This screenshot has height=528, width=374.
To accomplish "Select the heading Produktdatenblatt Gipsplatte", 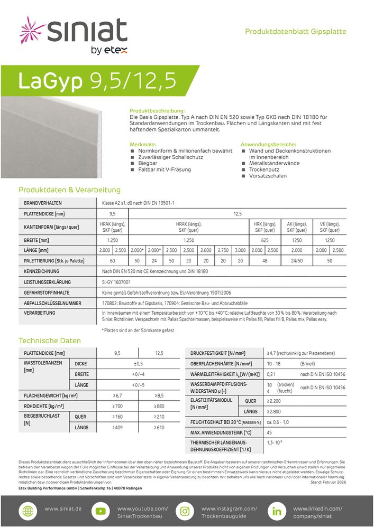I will [295, 32].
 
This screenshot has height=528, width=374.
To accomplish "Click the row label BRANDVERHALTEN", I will [43, 203].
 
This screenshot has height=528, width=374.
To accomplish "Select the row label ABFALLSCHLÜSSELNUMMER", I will [52, 303].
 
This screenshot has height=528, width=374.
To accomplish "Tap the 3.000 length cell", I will [240, 250].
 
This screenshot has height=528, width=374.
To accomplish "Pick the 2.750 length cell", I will [223, 250].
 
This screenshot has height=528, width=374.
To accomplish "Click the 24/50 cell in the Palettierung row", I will [297, 261].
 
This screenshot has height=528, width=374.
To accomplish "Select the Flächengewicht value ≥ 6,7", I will [117, 395].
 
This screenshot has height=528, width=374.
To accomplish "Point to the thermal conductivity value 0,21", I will [270, 374].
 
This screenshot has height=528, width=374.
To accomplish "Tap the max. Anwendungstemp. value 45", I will [270, 432].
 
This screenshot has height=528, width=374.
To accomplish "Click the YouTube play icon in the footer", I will [99, 512].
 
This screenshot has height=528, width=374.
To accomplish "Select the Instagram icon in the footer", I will [185, 512].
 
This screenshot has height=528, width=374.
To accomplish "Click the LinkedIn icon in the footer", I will [276, 512].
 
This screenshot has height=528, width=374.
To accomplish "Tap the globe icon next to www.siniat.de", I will [28, 512].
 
